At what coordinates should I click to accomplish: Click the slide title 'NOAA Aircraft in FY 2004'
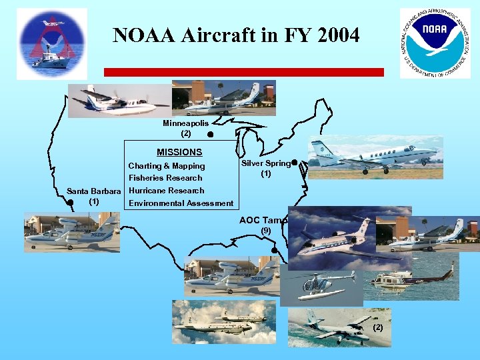[x=236, y=35]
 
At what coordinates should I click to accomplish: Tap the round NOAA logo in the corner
[x=435, y=43]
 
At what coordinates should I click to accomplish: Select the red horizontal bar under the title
[x=243, y=72]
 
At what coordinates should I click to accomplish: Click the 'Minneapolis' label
[x=185, y=123]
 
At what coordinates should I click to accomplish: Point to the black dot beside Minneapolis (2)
[x=210, y=135]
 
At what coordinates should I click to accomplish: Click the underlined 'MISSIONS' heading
[x=179, y=152]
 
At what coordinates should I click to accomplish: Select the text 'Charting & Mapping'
[x=167, y=166]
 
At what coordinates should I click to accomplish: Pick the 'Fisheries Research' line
[x=165, y=178]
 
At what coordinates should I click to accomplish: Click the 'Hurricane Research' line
[x=166, y=191]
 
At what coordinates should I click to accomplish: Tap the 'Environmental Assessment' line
[x=181, y=203]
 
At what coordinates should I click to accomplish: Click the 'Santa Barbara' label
[x=94, y=191]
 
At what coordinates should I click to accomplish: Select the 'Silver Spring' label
[x=265, y=163]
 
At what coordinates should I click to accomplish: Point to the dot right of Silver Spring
[x=294, y=162]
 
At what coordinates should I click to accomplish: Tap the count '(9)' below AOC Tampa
[x=266, y=231]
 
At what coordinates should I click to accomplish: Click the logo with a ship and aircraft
[x=52, y=43]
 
